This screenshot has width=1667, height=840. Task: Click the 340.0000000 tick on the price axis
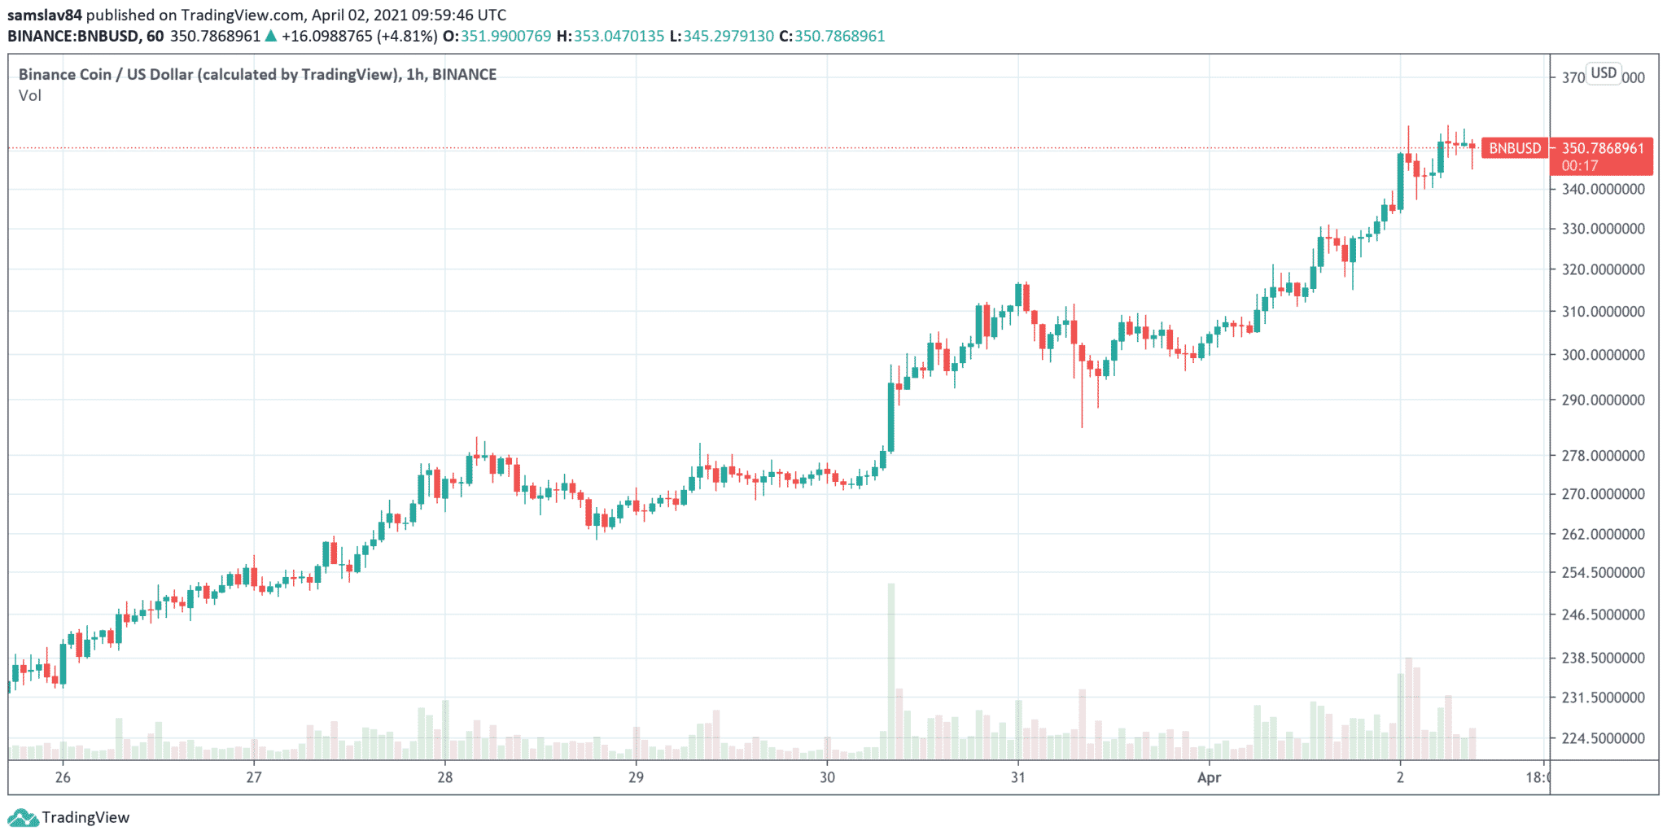tap(1603, 189)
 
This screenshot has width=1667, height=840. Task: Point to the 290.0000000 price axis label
tap(1603, 400)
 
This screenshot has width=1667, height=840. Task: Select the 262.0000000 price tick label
tap(1603, 534)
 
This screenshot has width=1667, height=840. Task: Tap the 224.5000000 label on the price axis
tap(1603, 738)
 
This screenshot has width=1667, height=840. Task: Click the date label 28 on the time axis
tap(444, 777)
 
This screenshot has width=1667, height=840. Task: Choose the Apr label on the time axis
tap(1209, 777)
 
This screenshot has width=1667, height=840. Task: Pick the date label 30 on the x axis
tap(827, 777)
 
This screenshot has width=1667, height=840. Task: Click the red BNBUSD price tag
tap(1515, 148)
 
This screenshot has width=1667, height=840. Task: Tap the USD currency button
tap(1604, 73)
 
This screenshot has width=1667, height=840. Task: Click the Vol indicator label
tap(30, 96)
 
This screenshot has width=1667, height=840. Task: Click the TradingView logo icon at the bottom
tap(23, 817)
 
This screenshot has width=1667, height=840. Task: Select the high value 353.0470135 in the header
tap(619, 36)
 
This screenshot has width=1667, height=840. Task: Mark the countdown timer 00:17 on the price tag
tap(1580, 165)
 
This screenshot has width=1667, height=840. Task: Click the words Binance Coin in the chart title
tap(65, 74)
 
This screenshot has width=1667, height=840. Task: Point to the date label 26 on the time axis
tap(63, 777)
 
